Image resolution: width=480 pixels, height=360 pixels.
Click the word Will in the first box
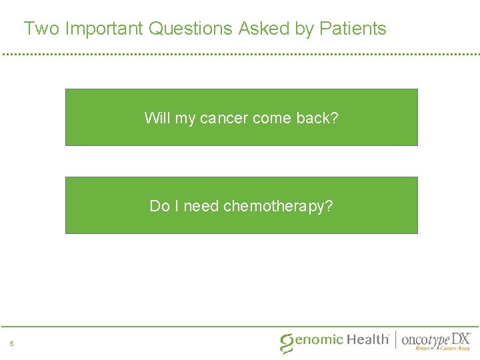(x=157, y=118)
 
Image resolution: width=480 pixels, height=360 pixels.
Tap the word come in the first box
(x=271, y=118)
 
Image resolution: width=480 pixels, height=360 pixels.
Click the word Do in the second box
(x=159, y=206)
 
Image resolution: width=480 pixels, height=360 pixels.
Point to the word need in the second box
(x=201, y=206)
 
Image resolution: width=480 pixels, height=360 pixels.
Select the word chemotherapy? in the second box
(x=278, y=207)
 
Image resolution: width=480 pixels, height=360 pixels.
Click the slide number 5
(x=11, y=344)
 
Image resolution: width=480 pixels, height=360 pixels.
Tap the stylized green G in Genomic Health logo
(x=287, y=343)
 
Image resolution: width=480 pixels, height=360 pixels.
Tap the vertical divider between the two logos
(x=395, y=340)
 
